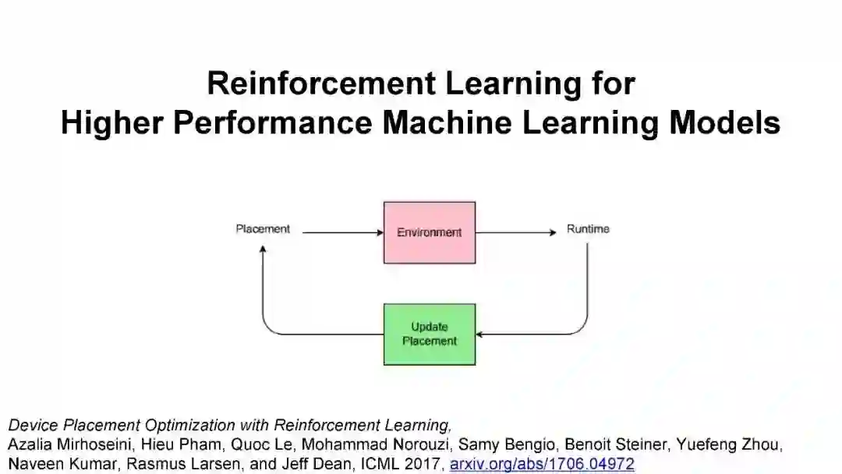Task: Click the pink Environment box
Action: tap(429, 232)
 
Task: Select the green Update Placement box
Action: tap(429, 334)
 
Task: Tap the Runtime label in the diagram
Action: tap(588, 229)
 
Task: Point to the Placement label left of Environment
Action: tap(263, 229)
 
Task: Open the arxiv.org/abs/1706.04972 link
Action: tap(542, 464)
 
